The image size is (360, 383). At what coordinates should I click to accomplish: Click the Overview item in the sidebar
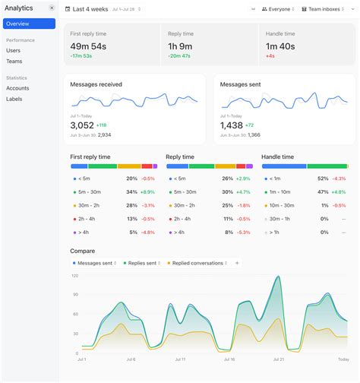(18, 24)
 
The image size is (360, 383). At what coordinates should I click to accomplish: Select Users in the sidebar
(14, 50)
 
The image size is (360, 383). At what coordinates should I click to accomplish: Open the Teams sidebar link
(14, 61)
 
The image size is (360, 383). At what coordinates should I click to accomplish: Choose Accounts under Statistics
(18, 88)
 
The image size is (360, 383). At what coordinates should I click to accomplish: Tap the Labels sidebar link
(14, 99)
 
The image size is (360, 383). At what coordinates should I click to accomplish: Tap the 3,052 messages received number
(82, 125)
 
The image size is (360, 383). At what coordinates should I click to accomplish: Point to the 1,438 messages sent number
(232, 125)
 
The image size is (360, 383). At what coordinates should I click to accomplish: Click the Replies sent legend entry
(141, 263)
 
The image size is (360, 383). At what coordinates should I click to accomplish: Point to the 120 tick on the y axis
(74, 276)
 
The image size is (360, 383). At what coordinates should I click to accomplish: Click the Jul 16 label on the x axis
(229, 359)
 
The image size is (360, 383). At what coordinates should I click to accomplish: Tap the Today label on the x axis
(343, 359)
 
